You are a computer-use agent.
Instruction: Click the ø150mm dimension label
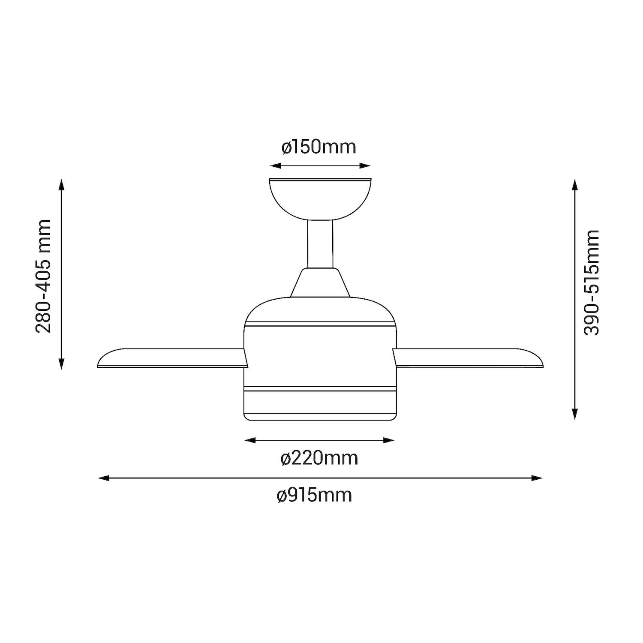point(319,147)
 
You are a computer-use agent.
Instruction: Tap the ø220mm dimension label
point(319,458)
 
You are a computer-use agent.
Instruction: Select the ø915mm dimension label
point(315,496)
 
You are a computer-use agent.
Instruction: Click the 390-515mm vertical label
point(592,282)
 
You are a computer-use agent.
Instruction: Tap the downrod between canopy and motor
point(320,244)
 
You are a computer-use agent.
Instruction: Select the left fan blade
point(173,358)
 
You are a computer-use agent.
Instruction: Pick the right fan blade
point(468,358)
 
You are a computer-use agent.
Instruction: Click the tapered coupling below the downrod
point(320,282)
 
